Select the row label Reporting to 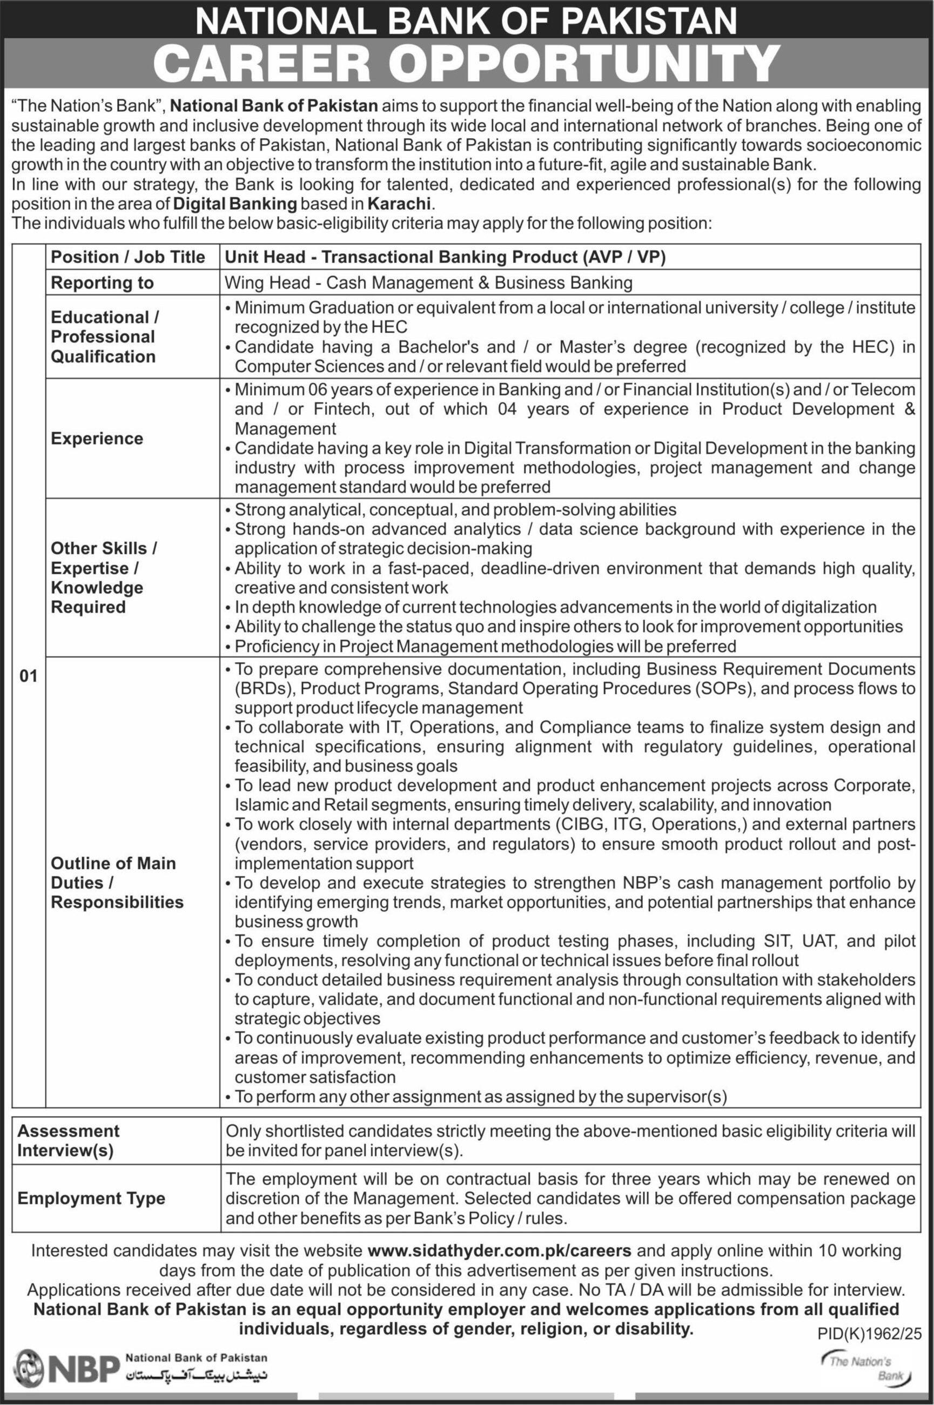pyautogui.click(x=102, y=283)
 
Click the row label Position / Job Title pyautogui.click(x=127, y=257)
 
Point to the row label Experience pyautogui.click(x=97, y=439)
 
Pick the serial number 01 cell pyautogui.click(x=28, y=676)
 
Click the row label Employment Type pyautogui.click(x=91, y=1198)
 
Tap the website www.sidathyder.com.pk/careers pyautogui.click(x=499, y=1251)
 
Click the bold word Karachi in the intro pyautogui.click(x=399, y=204)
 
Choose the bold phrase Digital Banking pyautogui.click(x=234, y=204)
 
